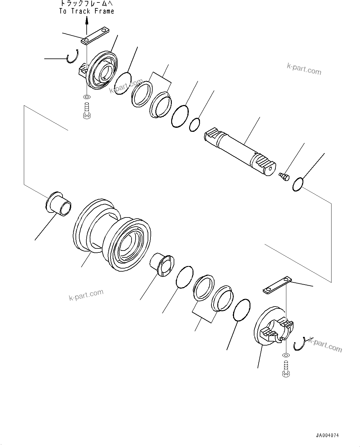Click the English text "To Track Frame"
click(x=87, y=11)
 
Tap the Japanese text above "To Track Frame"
click(x=87, y=4)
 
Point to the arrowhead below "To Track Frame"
click(x=87, y=20)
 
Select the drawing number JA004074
click(x=327, y=435)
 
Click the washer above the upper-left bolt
click(x=87, y=97)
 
